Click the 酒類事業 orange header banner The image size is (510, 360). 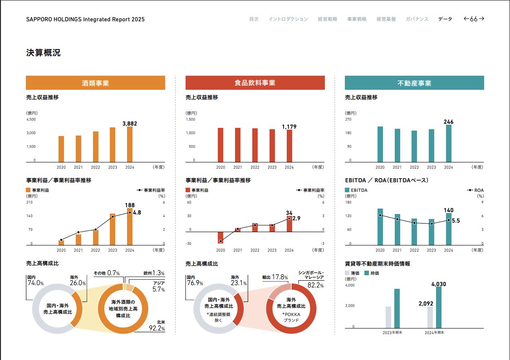point(95,83)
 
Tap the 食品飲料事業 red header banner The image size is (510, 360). point(255,83)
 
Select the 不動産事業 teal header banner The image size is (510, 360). point(414,83)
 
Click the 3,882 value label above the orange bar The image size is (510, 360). point(130,123)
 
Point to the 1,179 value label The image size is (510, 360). point(289,127)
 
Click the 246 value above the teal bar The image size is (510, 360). point(448,122)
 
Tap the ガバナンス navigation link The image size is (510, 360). point(417,19)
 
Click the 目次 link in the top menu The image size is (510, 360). point(254,19)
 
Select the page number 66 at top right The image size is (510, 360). point(474,19)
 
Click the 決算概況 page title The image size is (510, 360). point(43,53)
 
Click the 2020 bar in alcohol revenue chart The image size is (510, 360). point(61,149)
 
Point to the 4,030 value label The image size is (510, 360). point(439,284)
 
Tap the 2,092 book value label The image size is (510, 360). point(426,303)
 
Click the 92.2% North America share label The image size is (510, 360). point(157,328)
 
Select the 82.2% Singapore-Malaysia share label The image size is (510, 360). point(315,285)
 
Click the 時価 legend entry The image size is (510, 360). point(375,273)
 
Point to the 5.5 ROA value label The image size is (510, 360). point(456,221)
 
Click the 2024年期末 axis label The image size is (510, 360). point(434,332)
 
